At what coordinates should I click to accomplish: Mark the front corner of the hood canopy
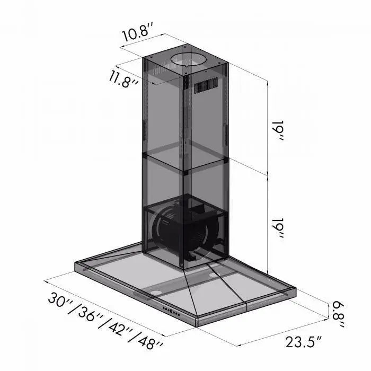(x=198, y=322)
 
